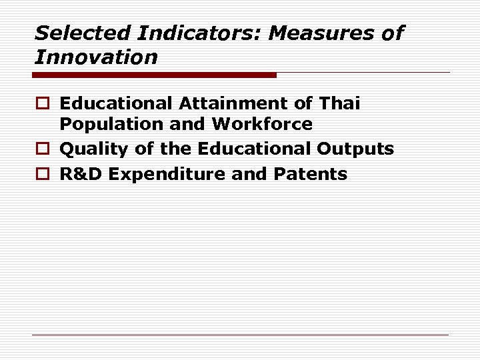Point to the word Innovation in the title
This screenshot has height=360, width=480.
pyautogui.click(x=96, y=57)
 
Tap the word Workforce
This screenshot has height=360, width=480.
pyautogui.click(x=262, y=124)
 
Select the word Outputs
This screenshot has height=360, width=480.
pyautogui.click(x=355, y=149)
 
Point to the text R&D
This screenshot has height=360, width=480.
pyautogui.click(x=81, y=174)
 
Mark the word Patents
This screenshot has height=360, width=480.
pyautogui.click(x=310, y=174)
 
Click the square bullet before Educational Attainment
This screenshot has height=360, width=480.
pyautogui.click(x=42, y=104)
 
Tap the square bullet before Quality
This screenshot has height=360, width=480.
pyautogui.click(x=42, y=149)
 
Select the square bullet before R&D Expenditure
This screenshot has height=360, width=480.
pyautogui.click(x=42, y=175)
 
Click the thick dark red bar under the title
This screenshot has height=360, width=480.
pyautogui.click(x=155, y=75)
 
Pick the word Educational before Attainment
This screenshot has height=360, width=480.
pyautogui.click(x=116, y=103)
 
